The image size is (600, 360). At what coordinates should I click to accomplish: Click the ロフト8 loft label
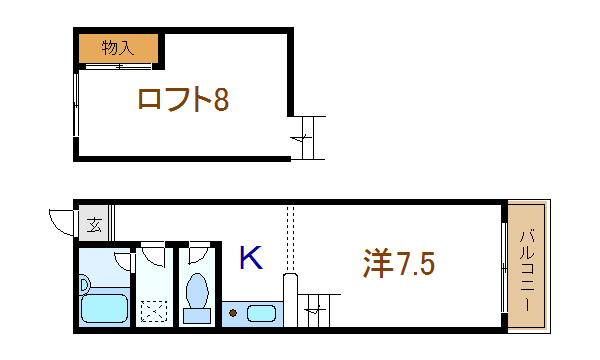coord(184,99)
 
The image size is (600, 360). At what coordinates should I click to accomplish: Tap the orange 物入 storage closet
coord(119,47)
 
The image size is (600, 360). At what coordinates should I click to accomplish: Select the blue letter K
coord(250,259)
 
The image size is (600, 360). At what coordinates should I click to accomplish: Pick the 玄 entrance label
coord(94,224)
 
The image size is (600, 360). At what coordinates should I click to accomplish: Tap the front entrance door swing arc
coord(60,220)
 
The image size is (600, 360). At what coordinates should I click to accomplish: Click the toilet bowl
coord(197,292)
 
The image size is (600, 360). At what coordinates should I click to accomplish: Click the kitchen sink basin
coord(261,314)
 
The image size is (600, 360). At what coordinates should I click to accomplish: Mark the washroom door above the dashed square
coord(152,254)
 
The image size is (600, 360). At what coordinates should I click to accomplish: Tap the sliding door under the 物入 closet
coord(119,67)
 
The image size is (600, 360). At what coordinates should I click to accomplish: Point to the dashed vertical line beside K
coord(289,236)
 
